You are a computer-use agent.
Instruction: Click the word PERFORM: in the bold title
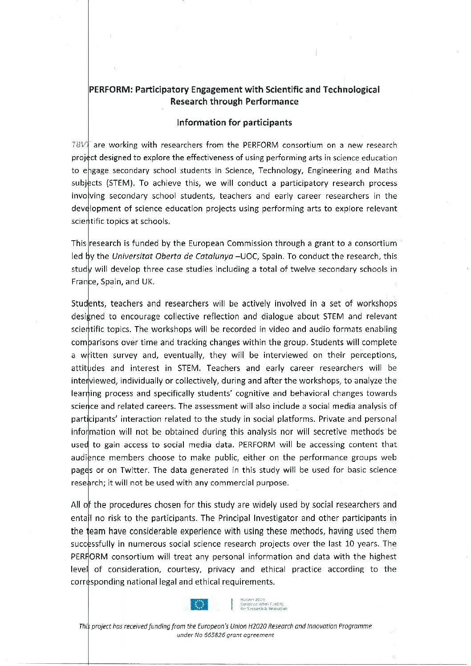pyautogui.click(x=110, y=90)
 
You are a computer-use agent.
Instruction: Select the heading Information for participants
pyautogui.click(x=234, y=122)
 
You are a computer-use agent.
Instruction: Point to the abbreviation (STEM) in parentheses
pyautogui.click(x=121, y=183)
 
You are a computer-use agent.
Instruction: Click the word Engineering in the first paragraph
pyautogui.click(x=329, y=170)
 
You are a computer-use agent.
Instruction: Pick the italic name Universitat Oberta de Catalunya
pyautogui.click(x=172, y=256)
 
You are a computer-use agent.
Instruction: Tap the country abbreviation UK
pyautogui.click(x=147, y=282)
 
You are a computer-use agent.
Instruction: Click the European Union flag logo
pyautogui.click(x=199, y=604)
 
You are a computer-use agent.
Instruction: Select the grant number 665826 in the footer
pyautogui.click(x=215, y=635)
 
